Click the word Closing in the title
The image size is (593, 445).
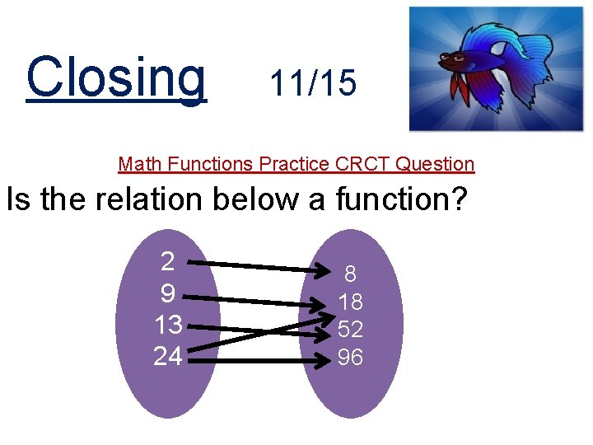(x=116, y=77)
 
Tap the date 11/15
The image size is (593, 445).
(x=313, y=83)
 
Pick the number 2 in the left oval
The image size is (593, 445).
(x=167, y=262)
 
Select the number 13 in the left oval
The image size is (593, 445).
(x=168, y=326)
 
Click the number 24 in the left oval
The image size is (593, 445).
(x=168, y=357)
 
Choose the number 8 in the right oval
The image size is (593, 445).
(x=350, y=274)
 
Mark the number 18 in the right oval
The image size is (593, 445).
(x=350, y=302)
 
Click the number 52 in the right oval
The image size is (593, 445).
(x=350, y=330)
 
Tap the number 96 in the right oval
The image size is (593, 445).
(x=350, y=358)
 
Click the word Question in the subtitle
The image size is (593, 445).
(x=435, y=163)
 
